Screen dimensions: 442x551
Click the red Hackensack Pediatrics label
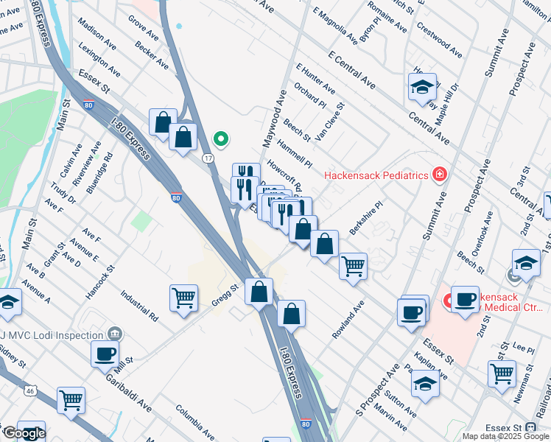[x=376, y=176]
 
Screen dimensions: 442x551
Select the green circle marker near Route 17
[x=220, y=138]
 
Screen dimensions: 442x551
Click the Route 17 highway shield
[x=208, y=158]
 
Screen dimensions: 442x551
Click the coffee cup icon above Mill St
[x=105, y=353]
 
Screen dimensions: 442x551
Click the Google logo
[x=24, y=433]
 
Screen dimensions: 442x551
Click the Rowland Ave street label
[x=348, y=319]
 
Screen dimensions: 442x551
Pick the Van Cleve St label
[x=330, y=121]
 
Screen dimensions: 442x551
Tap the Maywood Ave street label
[x=272, y=118]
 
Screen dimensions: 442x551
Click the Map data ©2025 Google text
[x=505, y=436]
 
